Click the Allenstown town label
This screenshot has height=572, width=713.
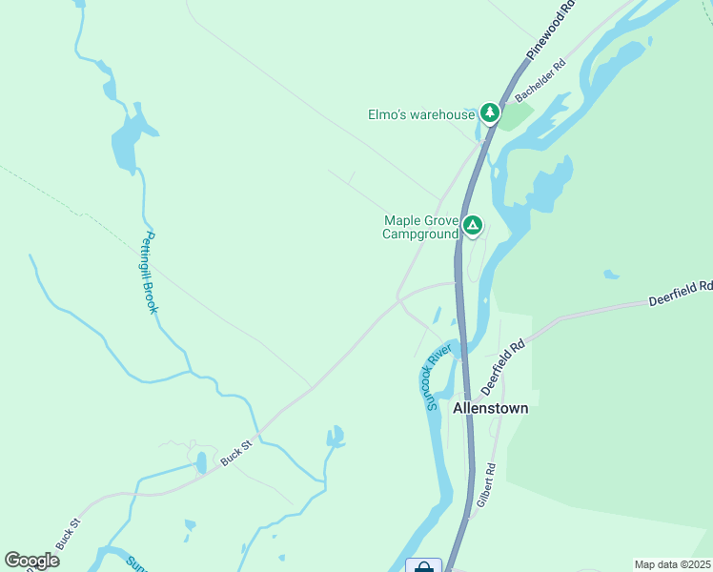click(490, 408)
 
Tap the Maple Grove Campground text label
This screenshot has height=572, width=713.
click(420, 227)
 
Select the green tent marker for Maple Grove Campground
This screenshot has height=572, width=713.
click(472, 226)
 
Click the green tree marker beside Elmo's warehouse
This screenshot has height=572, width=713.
click(489, 113)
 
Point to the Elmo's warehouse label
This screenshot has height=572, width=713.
click(421, 115)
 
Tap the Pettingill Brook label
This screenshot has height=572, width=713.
click(150, 274)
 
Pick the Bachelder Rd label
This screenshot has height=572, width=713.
click(540, 84)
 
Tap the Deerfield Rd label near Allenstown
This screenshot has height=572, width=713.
click(503, 368)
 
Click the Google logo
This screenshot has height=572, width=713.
click(31, 561)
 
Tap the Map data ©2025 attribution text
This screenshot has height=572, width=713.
click(672, 564)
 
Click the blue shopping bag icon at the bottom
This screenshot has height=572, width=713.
click(423, 566)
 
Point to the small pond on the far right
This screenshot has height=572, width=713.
click(610, 276)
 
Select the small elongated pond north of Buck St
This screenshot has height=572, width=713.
click(201, 463)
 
